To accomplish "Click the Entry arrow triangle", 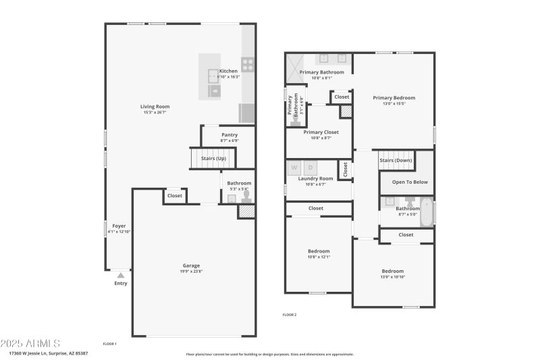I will (x=120, y=275).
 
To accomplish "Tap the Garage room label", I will (x=191, y=265).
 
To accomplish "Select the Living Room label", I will (x=155, y=106).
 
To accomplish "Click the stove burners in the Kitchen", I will (x=248, y=65).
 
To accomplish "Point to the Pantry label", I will (x=230, y=134).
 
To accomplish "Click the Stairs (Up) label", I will (x=213, y=158).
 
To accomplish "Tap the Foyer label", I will (x=119, y=226).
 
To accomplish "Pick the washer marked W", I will (x=294, y=167).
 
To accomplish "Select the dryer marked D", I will (x=310, y=167).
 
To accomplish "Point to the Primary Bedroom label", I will (x=394, y=97).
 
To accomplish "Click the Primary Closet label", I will (x=321, y=132).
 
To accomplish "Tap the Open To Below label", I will (x=410, y=182).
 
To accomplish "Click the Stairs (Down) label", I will (x=396, y=160).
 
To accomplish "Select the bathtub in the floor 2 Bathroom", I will (x=427, y=212).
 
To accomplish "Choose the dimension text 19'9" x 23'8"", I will (x=191, y=272).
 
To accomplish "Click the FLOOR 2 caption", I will (x=289, y=315).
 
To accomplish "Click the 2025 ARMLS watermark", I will (x=30, y=344).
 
